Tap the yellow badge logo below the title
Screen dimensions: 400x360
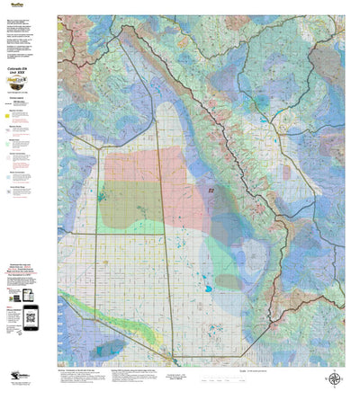29,85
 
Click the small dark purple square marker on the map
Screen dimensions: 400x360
211,191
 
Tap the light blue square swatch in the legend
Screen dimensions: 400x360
9,176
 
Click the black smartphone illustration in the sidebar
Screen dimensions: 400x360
31,314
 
